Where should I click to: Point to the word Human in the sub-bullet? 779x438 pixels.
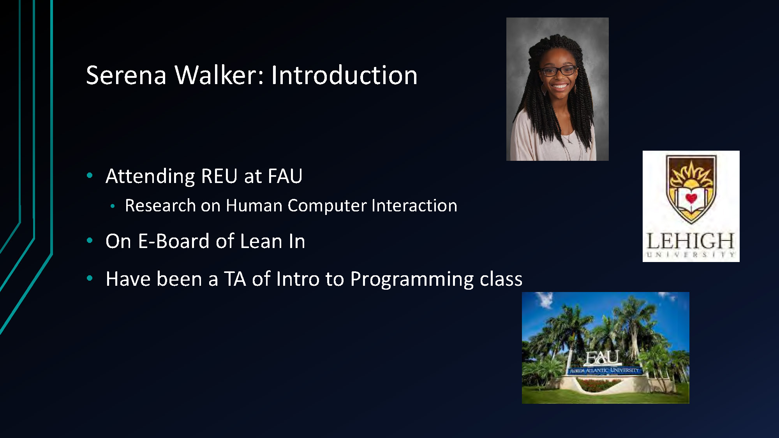coord(254,206)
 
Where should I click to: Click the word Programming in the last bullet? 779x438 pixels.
coord(412,280)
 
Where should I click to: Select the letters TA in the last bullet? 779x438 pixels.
coord(235,279)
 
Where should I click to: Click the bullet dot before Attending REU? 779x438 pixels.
coord(90,176)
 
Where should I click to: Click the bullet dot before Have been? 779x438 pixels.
coord(90,278)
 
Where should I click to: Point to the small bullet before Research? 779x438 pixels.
coord(113,206)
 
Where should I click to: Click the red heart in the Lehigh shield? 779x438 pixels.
coord(691,198)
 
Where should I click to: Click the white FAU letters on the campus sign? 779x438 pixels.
coord(602,357)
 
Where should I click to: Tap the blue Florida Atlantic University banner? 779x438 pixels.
coord(605,370)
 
